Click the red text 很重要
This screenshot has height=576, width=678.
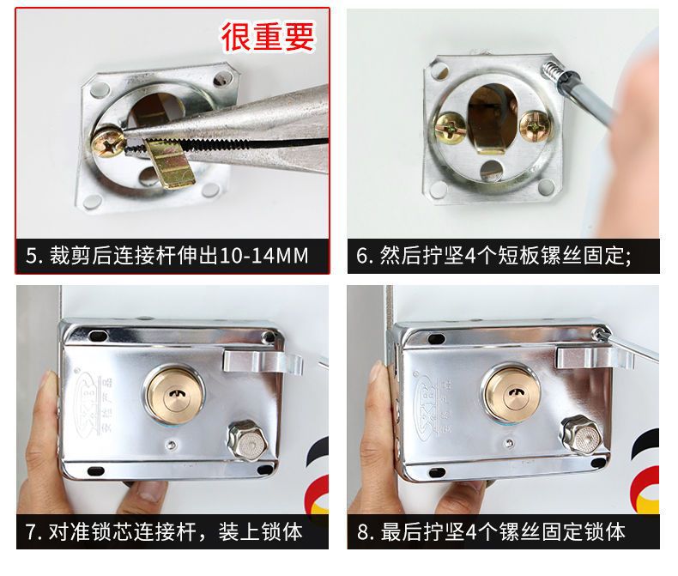[x=268, y=36]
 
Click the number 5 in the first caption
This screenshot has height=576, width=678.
[x=33, y=256]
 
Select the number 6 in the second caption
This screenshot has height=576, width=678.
[x=364, y=256]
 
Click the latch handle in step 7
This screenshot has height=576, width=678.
[x=262, y=358]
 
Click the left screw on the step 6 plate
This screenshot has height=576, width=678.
[x=452, y=128]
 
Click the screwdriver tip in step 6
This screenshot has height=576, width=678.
[x=549, y=68]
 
